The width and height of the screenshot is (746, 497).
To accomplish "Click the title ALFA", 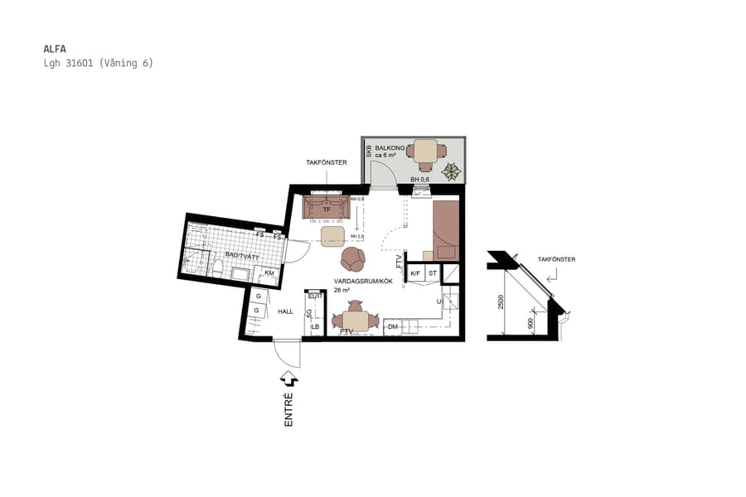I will click(x=54, y=48).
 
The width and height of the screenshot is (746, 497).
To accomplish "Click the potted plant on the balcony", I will click(x=452, y=171).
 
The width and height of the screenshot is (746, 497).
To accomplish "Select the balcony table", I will click(x=426, y=152).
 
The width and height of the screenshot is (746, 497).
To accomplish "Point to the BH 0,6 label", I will click(x=420, y=180).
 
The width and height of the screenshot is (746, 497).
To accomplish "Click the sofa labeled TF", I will click(x=327, y=210).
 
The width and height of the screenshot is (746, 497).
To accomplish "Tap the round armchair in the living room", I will click(x=354, y=259).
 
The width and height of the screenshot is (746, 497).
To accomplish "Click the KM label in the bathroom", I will click(x=269, y=273).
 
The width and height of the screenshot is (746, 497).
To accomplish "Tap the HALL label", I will click(x=285, y=311).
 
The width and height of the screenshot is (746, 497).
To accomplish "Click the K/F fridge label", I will click(x=415, y=273).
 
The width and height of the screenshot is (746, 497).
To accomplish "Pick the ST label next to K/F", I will click(x=432, y=273).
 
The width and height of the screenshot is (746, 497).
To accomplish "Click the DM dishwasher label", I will click(x=392, y=328).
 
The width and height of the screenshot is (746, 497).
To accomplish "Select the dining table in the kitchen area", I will click(x=356, y=321).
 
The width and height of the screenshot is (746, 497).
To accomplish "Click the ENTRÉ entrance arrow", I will click(x=289, y=379).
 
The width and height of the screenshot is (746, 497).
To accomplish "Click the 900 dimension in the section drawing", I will click(x=531, y=324).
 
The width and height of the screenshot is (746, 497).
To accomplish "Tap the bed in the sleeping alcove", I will click(x=446, y=229).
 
